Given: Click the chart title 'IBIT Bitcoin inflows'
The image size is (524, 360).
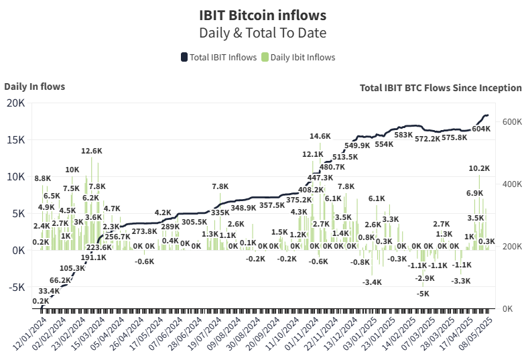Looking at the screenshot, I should click(262, 14).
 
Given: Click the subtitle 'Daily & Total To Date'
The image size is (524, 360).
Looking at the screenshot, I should click(262, 32).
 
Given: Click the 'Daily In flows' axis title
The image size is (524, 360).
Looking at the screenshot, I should click(34, 86).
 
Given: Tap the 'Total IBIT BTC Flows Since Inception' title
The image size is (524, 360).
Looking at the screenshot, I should click(440, 87).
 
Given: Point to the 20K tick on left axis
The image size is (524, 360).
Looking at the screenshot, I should click(15, 103).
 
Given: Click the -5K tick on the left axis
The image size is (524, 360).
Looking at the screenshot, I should click(15, 287).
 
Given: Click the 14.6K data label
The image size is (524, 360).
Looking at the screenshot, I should click(320, 137).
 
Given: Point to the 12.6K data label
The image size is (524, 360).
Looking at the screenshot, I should click(91, 152).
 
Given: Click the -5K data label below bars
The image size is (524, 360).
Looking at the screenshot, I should click(423, 294).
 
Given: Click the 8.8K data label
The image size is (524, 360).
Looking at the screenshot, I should click(42, 178).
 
